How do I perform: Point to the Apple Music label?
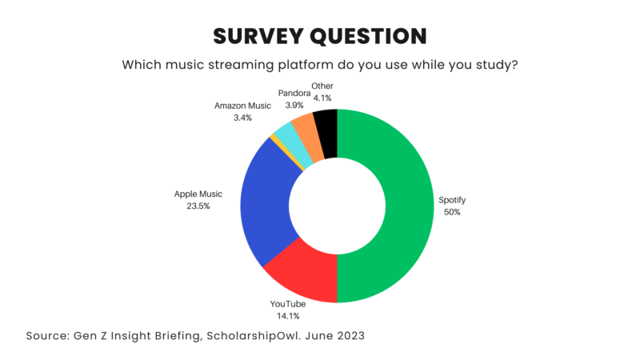[x=198, y=194]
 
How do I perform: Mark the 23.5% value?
[x=198, y=206]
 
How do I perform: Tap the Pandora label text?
[x=294, y=93]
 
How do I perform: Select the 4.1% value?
[x=323, y=98]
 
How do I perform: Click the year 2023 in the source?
[x=348, y=336]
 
